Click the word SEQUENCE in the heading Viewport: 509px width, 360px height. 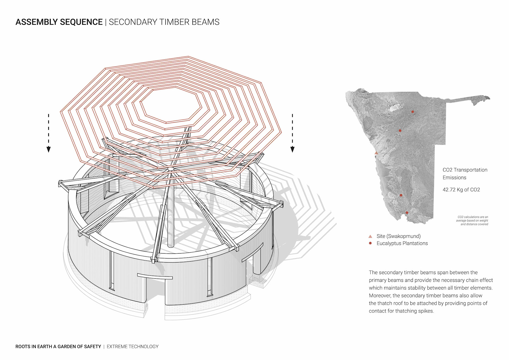click(x=81, y=22)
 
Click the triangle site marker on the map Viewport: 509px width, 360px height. click(x=376, y=153)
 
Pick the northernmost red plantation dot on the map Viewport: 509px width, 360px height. click(x=413, y=112)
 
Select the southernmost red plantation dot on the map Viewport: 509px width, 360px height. click(x=407, y=212)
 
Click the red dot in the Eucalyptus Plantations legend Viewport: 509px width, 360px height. click(x=370, y=243)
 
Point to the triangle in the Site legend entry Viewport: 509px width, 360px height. click(x=370, y=236)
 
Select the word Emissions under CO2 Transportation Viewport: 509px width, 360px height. click(x=454, y=177)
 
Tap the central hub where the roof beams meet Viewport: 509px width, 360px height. click(x=171, y=169)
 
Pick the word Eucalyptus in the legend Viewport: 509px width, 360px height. click(x=388, y=243)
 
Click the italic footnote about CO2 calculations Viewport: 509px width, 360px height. click(x=472, y=220)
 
